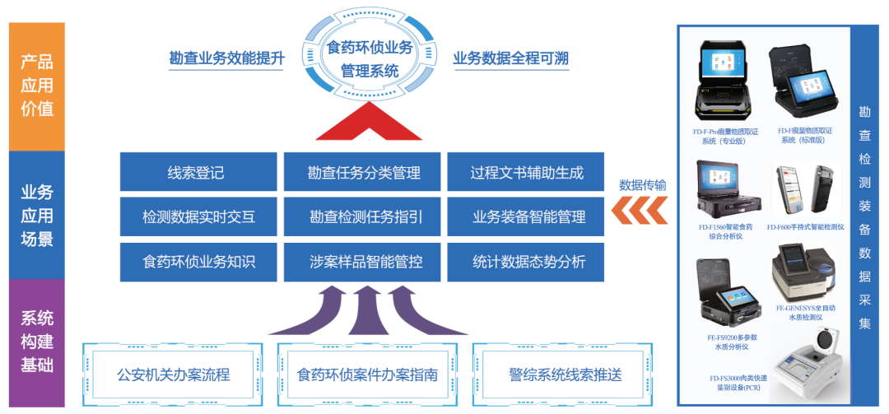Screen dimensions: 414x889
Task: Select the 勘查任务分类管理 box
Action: click(364, 173)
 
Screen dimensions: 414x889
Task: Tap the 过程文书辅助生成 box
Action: click(527, 173)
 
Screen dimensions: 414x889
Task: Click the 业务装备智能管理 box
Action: click(527, 217)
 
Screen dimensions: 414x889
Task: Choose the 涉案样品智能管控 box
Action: click(364, 262)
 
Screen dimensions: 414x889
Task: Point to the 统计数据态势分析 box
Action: click(527, 262)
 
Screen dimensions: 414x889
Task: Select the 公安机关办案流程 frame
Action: click(173, 375)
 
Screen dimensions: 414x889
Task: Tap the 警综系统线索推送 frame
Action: click(565, 375)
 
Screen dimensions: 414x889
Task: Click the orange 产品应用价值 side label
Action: click(36, 86)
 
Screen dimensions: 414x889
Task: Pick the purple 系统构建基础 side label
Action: click(36, 342)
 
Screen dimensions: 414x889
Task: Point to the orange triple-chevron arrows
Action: click(639, 212)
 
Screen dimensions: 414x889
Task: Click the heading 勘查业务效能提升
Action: click(226, 59)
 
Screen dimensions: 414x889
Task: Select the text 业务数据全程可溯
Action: click(510, 59)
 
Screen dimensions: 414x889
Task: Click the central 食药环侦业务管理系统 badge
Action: click(370, 58)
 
